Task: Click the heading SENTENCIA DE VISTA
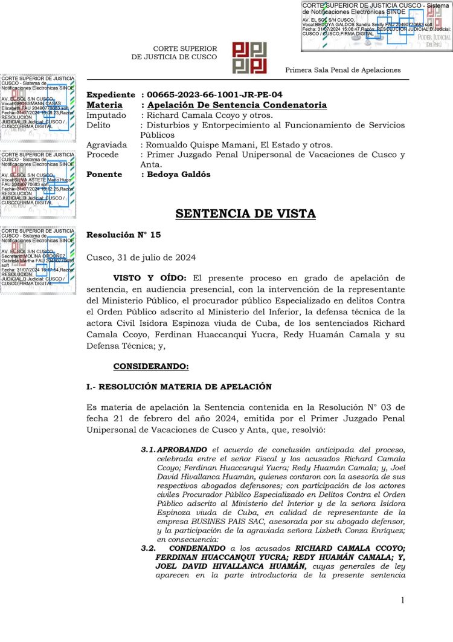click(245, 214)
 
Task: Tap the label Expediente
click(111, 95)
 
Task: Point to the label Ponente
click(104, 175)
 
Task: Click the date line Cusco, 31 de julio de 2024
click(141, 257)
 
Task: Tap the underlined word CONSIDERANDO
click(150, 366)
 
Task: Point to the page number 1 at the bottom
click(402, 600)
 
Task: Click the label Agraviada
click(107, 145)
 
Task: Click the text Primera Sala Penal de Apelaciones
click(342, 70)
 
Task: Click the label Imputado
click(106, 115)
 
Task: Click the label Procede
click(103, 155)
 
